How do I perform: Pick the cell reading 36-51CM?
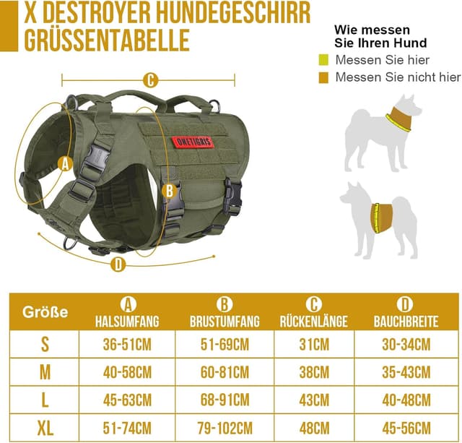tap(127, 345)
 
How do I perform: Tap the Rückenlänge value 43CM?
tap(314, 399)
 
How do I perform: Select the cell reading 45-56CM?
tap(405, 426)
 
